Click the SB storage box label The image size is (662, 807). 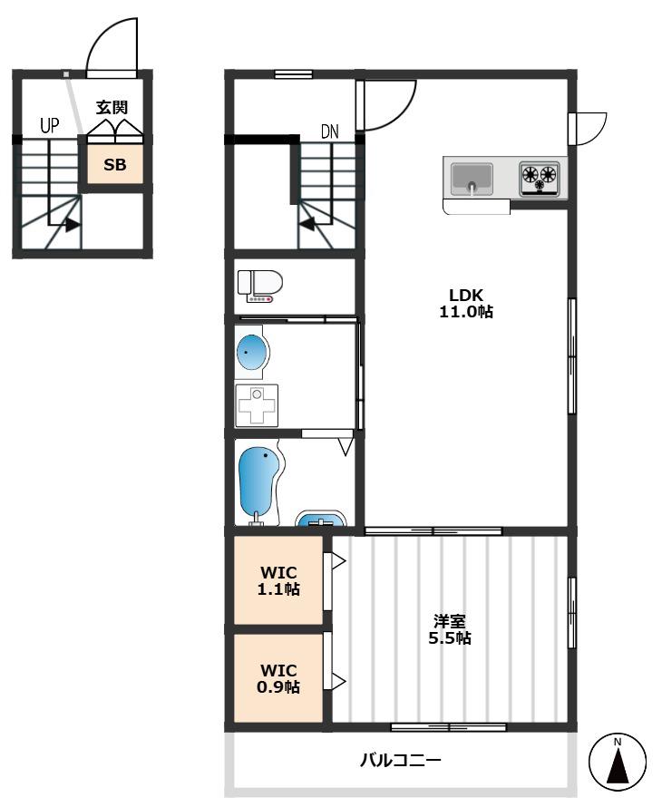(115, 165)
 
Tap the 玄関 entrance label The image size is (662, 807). (112, 108)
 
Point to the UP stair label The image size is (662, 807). (50, 125)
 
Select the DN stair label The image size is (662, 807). (330, 131)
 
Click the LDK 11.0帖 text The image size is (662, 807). (466, 303)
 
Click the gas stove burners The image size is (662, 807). (540, 178)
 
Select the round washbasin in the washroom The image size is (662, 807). (253, 353)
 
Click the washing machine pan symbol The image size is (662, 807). (257, 405)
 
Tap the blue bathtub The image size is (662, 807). (260, 485)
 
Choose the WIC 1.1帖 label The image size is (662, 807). (278, 580)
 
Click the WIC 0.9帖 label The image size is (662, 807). (278, 678)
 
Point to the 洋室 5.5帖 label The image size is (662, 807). (450, 629)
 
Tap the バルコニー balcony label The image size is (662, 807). (401, 760)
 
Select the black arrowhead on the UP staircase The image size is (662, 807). (73, 225)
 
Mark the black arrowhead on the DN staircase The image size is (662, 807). (307, 224)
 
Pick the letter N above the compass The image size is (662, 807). (618, 742)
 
